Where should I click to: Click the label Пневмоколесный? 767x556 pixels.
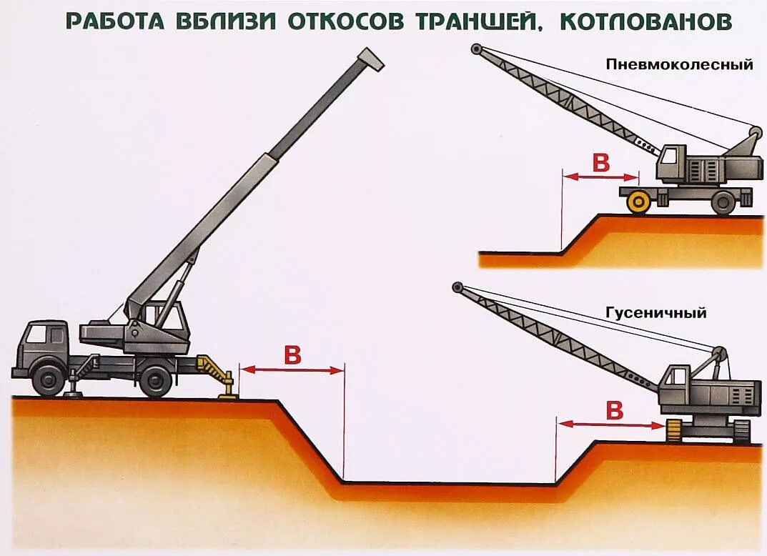pos(679,64)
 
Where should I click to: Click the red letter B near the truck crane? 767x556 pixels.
pos(292,355)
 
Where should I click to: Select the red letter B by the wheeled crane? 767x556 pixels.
pos(601,163)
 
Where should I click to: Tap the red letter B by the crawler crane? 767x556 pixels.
pos(614,411)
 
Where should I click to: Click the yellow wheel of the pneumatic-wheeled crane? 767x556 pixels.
pos(638,202)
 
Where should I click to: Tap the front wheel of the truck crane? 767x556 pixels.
pos(49,379)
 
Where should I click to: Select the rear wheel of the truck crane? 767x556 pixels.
pos(155,380)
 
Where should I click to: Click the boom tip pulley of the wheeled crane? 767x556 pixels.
pos(476,49)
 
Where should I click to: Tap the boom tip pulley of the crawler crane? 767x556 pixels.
pos(457,287)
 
